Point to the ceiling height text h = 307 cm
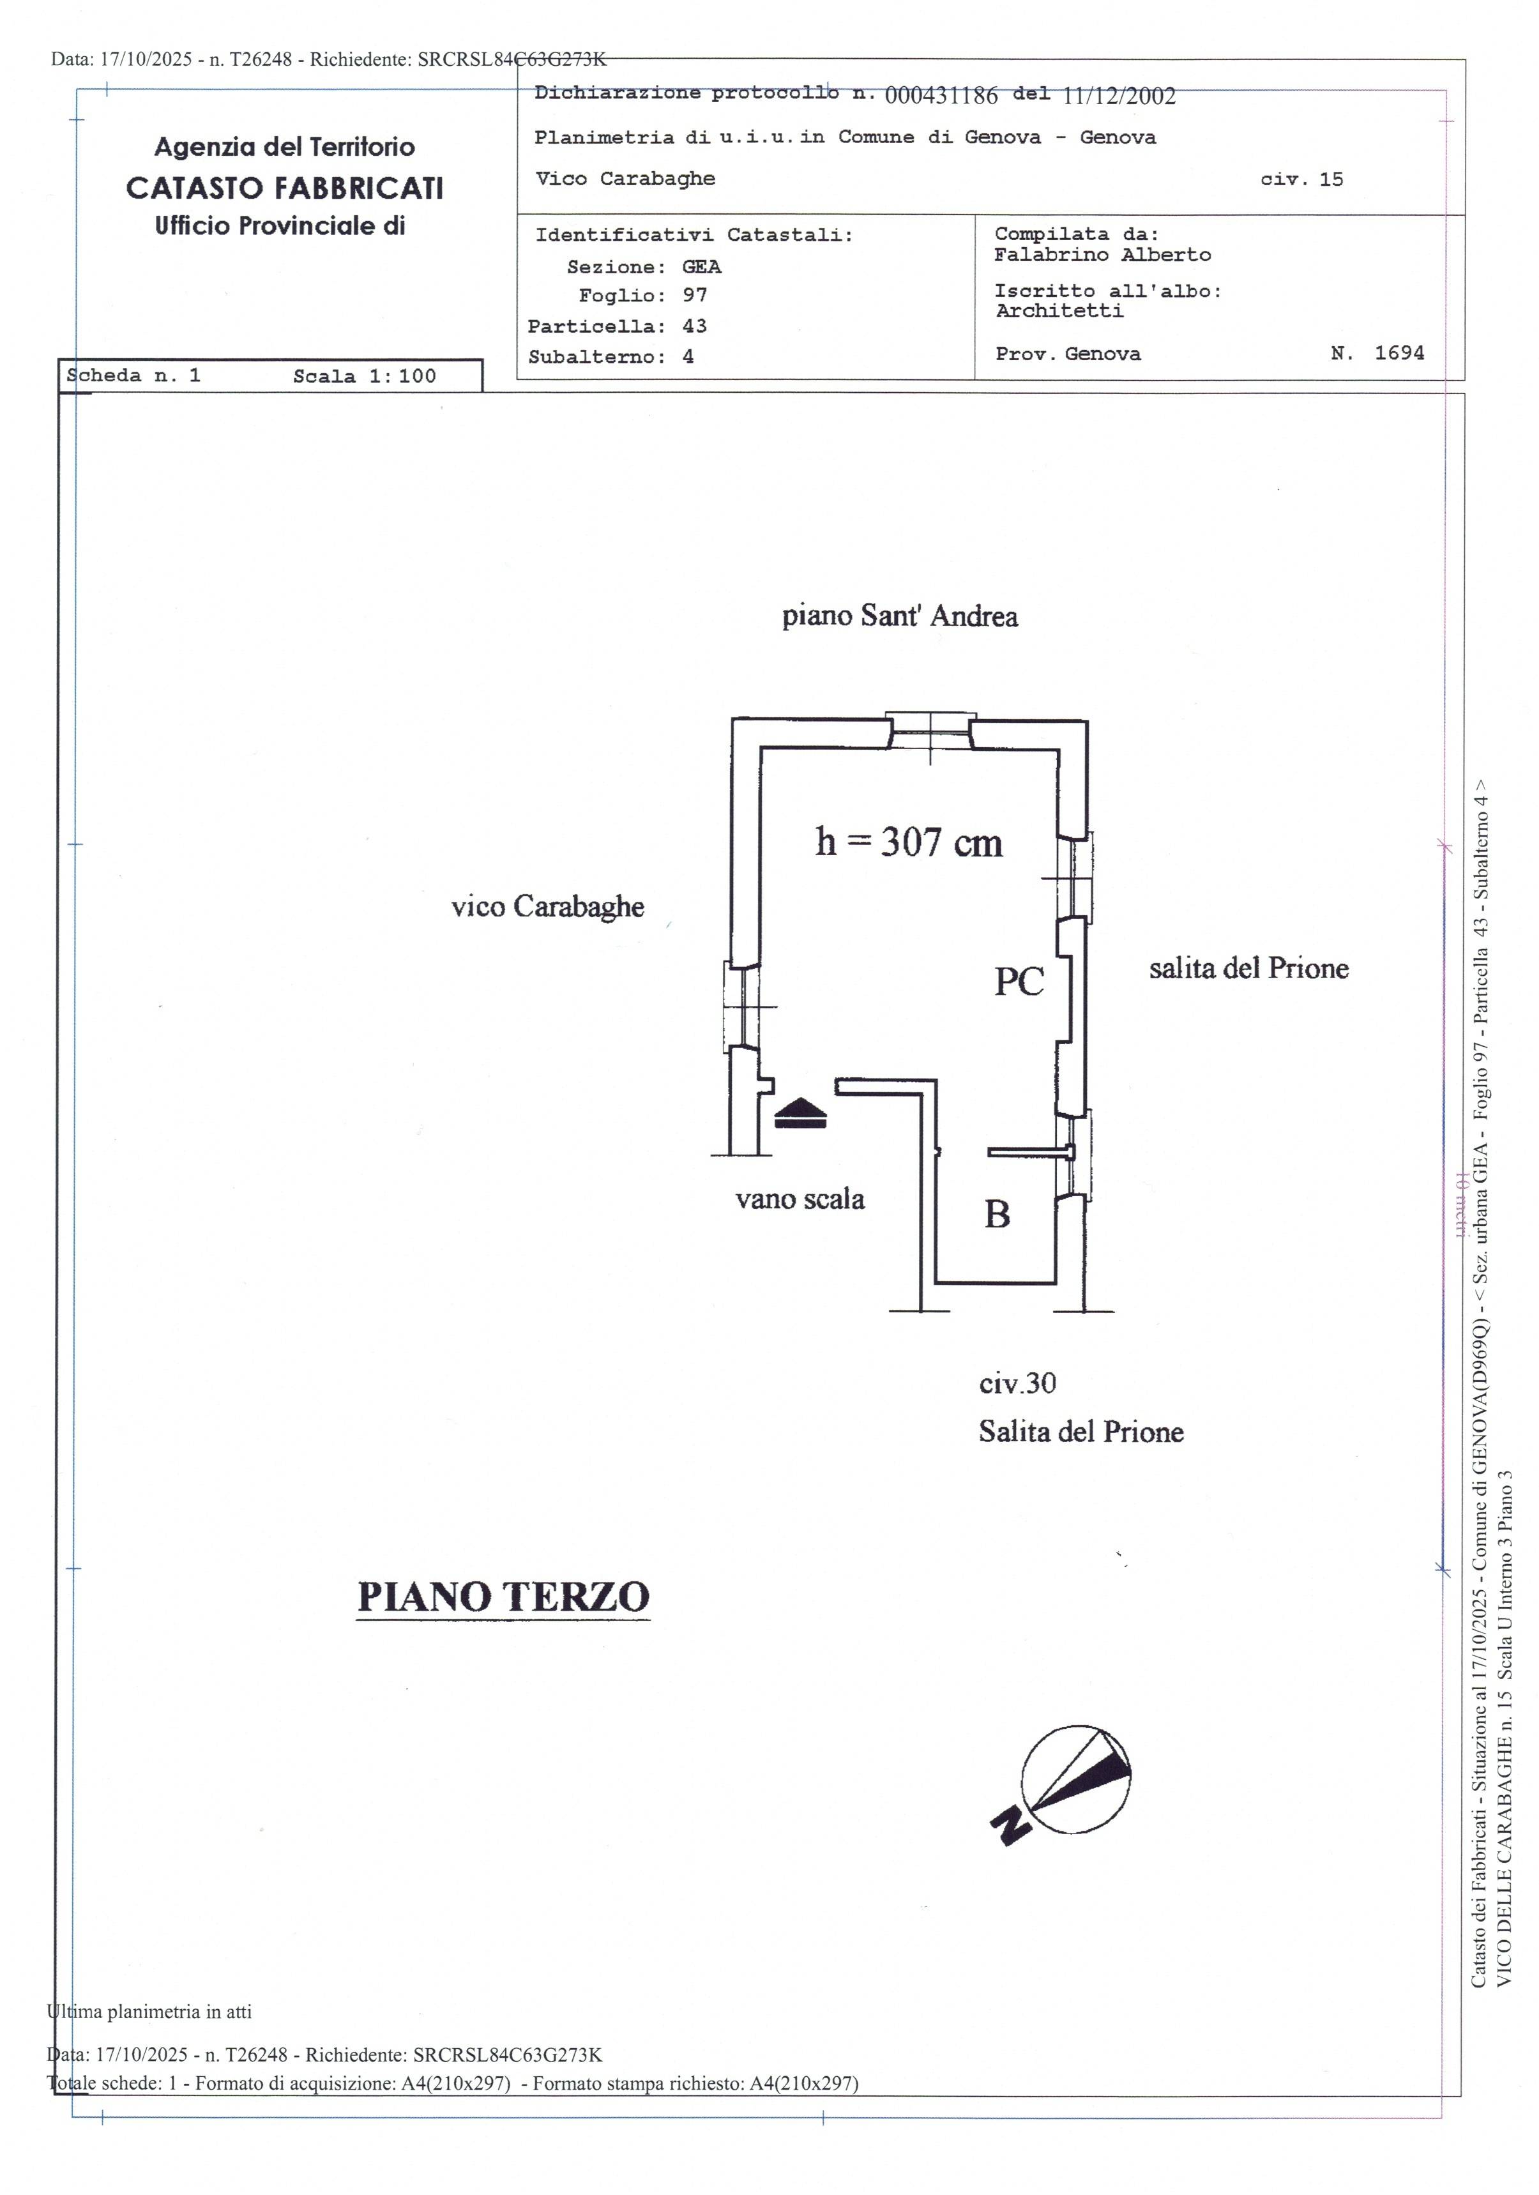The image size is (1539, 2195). click(908, 842)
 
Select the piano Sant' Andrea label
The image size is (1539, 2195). click(900, 616)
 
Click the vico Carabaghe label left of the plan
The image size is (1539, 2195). click(548, 906)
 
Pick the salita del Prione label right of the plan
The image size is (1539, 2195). click(1248, 968)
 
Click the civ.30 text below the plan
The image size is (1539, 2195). click(1017, 1383)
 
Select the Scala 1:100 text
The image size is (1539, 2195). click(364, 376)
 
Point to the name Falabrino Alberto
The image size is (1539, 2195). click(1102, 254)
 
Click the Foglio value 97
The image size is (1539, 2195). click(695, 296)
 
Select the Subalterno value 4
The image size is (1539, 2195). click(688, 356)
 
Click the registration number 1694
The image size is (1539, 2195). click(1399, 353)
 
